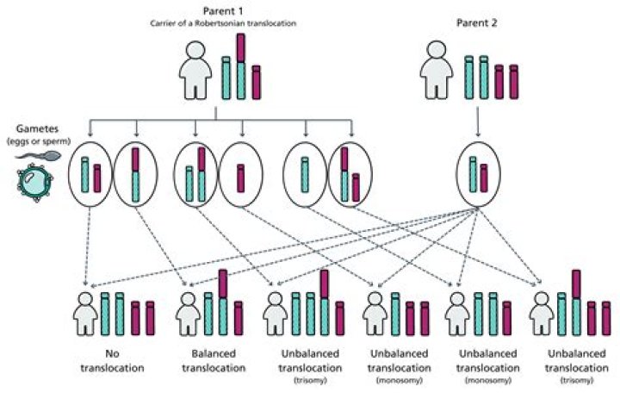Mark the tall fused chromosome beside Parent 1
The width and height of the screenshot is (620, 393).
(x=240, y=67)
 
